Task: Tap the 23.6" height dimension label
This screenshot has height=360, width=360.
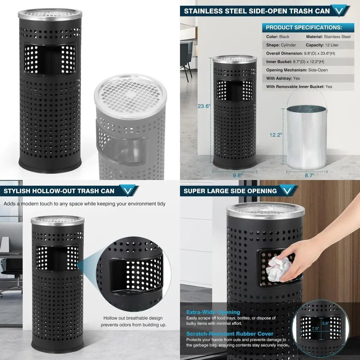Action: [x=204, y=106]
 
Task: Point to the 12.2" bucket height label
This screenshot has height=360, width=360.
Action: [x=276, y=135]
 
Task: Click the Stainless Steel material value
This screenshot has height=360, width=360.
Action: [x=337, y=37]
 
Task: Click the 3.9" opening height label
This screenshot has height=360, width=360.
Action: [x=325, y=324]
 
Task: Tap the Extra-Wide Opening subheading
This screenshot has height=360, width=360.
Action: [x=213, y=312]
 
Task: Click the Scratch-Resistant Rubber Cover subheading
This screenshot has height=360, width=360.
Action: [x=230, y=334]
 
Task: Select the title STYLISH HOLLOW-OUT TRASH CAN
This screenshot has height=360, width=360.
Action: [x=59, y=191]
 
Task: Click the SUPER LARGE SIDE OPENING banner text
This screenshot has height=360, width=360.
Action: [x=230, y=191]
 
